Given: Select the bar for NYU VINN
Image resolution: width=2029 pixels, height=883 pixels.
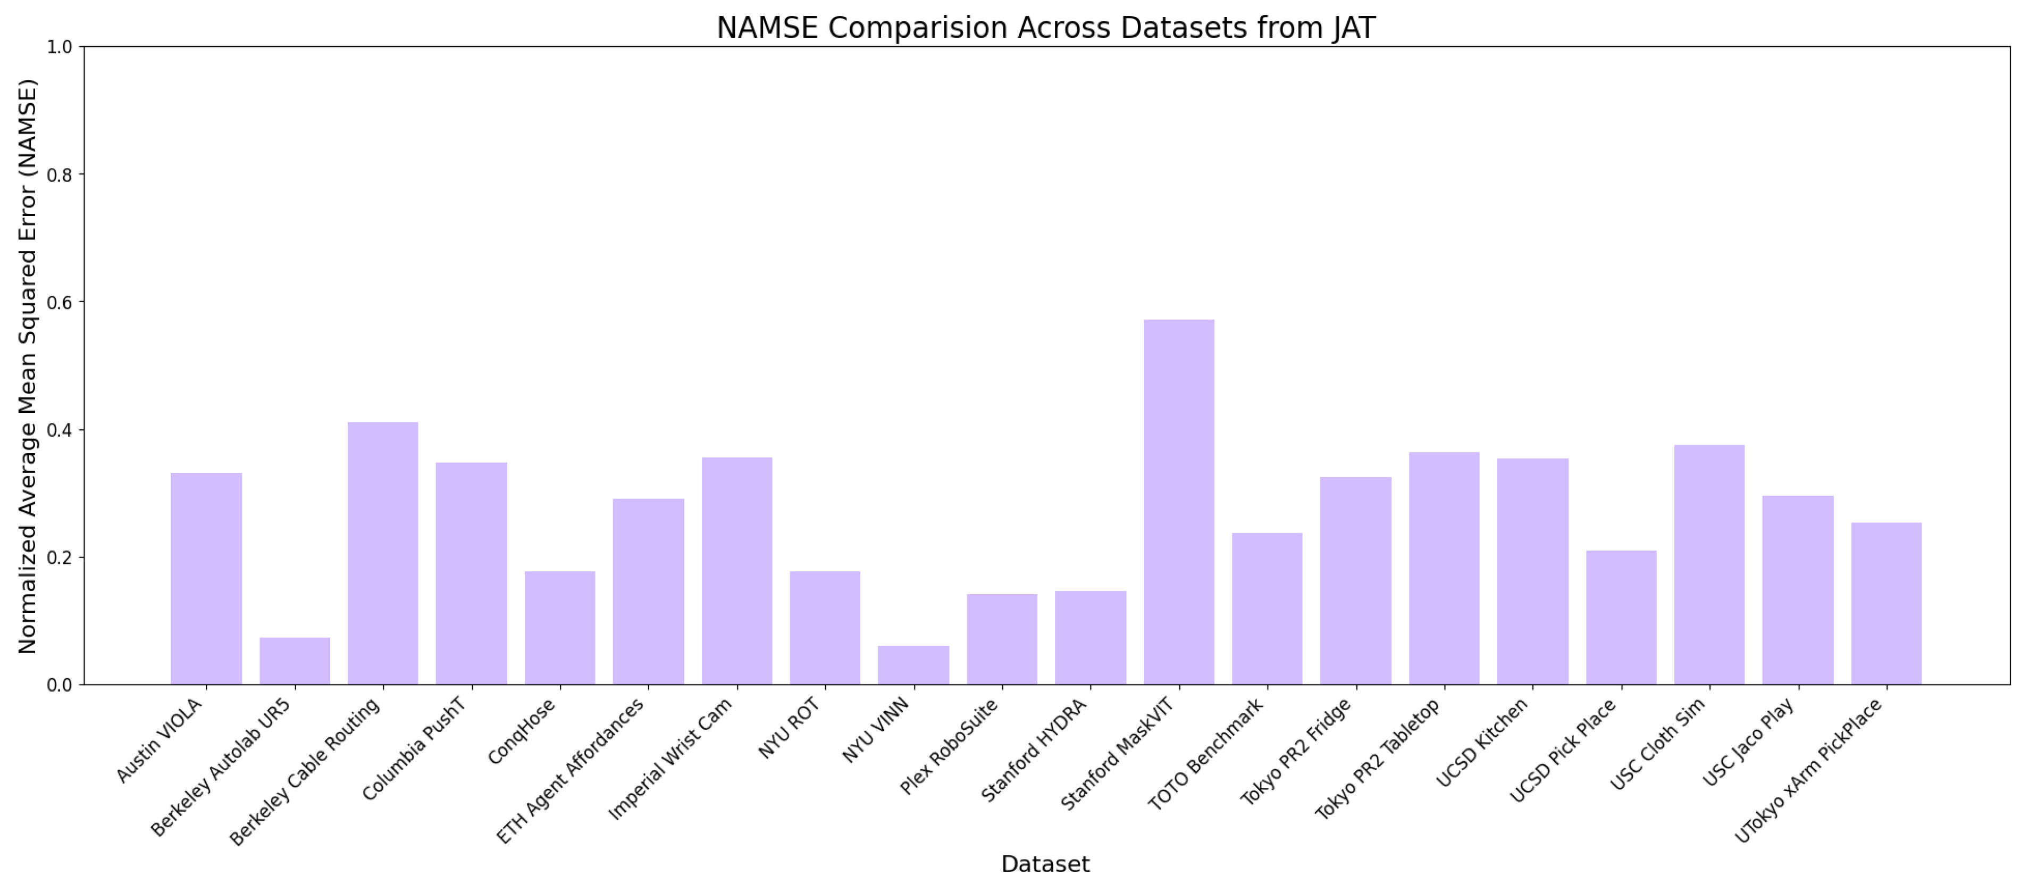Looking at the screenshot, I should tap(913, 665).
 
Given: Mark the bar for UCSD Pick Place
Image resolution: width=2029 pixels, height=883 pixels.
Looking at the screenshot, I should tap(1621, 618).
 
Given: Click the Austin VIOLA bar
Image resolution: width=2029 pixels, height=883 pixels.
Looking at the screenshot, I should tap(206, 578).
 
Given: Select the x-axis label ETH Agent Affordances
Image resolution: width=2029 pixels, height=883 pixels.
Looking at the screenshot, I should tap(571, 770).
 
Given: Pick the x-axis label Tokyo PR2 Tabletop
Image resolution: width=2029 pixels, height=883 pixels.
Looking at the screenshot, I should tap(1378, 759).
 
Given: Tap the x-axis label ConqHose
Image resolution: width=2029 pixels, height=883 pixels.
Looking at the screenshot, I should tap(522, 731).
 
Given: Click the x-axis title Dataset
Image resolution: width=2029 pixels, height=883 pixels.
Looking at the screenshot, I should tap(1045, 864).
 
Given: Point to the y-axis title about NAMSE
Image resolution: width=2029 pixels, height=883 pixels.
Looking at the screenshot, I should tap(28, 366).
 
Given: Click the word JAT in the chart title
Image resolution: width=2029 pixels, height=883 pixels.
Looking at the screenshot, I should tap(1353, 28).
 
